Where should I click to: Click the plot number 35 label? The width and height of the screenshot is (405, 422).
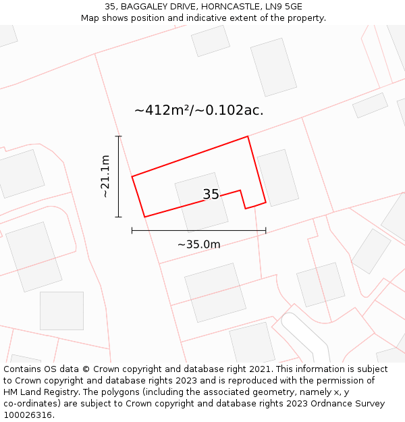tap(211, 194)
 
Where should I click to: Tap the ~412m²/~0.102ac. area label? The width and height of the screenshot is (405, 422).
tap(198, 110)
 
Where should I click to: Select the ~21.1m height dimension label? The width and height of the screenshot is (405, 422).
tap(105, 176)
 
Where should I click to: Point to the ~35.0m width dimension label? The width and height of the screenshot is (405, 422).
tap(198, 244)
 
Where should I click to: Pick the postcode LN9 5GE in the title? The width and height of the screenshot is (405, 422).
tap(284, 7)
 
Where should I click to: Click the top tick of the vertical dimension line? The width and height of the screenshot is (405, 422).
tap(119, 136)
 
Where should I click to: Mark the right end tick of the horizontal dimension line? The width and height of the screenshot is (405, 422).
tap(266, 231)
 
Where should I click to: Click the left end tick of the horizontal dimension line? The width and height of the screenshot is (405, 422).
tap(132, 231)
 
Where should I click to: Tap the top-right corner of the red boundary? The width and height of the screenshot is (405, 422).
tap(248, 136)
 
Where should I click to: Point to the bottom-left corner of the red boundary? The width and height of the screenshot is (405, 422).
tap(145, 217)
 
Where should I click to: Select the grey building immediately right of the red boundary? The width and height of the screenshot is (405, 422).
tap(277, 178)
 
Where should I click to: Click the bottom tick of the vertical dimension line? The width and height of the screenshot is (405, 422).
tap(119, 217)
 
